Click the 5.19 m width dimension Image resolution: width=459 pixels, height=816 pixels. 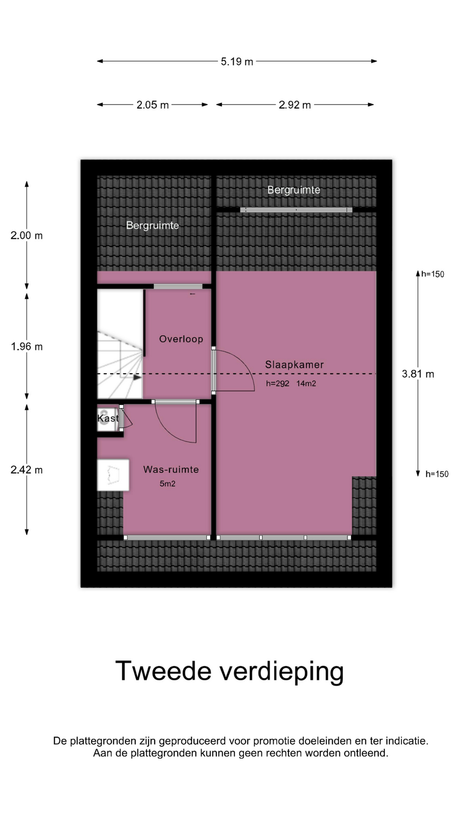click(237, 62)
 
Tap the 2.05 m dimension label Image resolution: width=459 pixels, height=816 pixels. click(153, 105)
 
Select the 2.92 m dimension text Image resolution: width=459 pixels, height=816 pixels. click(295, 105)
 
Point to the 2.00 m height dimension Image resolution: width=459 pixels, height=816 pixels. click(27, 235)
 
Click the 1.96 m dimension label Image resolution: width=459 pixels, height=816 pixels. click(27, 347)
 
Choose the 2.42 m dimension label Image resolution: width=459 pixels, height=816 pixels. click(27, 470)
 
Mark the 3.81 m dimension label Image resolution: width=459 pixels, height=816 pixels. click(418, 374)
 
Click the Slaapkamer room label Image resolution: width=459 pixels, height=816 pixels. click(295, 365)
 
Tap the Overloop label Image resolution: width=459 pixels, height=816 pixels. click(181, 339)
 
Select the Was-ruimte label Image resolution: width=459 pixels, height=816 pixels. click(171, 470)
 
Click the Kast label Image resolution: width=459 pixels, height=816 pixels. click(108, 418)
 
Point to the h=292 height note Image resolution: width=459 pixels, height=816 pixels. click(278, 383)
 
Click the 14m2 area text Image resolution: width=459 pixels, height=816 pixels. click(306, 383)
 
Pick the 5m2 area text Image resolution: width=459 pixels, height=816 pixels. click(167, 484)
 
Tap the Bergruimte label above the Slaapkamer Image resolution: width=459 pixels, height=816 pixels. click(294, 190)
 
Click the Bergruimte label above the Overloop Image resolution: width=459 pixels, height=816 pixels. click(153, 225)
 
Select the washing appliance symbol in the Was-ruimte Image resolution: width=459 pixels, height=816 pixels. click(113, 475)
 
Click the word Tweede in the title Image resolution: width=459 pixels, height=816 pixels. click(163, 671)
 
